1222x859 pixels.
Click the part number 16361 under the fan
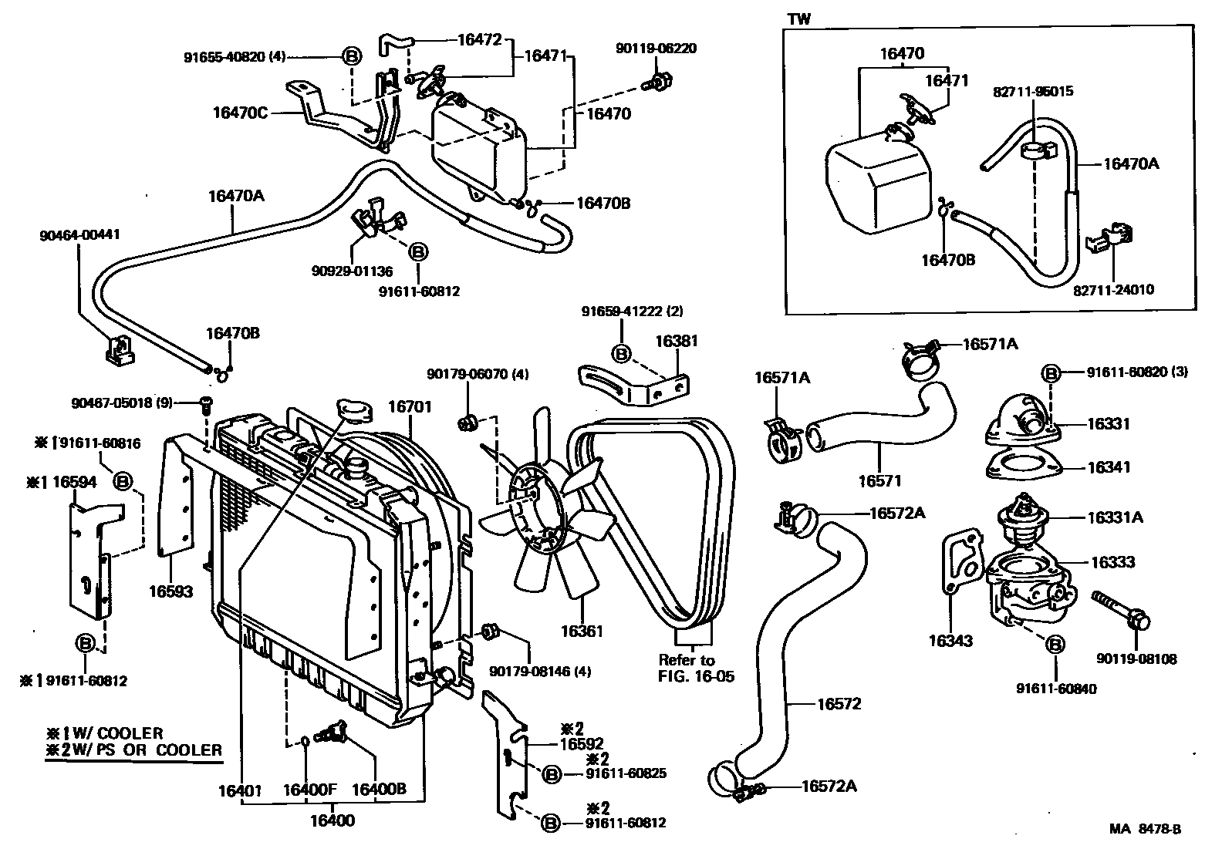pos(582,631)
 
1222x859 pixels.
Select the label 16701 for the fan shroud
pos(410,407)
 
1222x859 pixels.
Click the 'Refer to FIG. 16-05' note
pos(696,668)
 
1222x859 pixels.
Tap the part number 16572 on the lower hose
pos(839,704)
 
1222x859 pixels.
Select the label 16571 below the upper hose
pos(880,481)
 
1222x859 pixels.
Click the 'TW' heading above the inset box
pos(798,19)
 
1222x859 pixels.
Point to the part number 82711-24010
pos(1113,290)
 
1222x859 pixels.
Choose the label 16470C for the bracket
pos(240,113)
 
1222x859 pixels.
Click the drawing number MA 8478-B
pos(1145,829)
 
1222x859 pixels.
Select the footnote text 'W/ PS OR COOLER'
pos(147,750)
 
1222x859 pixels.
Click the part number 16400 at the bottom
pos(333,820)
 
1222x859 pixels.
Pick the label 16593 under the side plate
pos(170,591)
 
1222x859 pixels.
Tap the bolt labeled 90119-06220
pos(657,82)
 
